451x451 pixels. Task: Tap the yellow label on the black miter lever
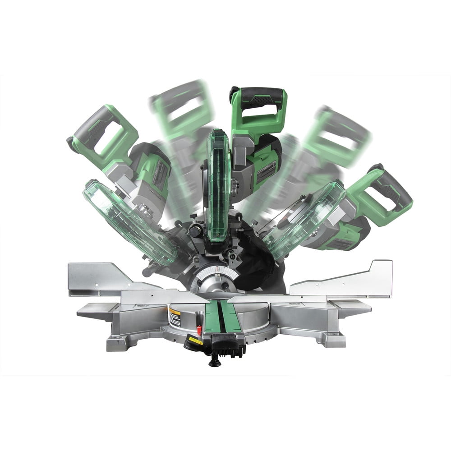(x=195, y=341)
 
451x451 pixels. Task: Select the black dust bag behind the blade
(x=257, y=266)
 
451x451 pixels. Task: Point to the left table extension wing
(x=97, y=311)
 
